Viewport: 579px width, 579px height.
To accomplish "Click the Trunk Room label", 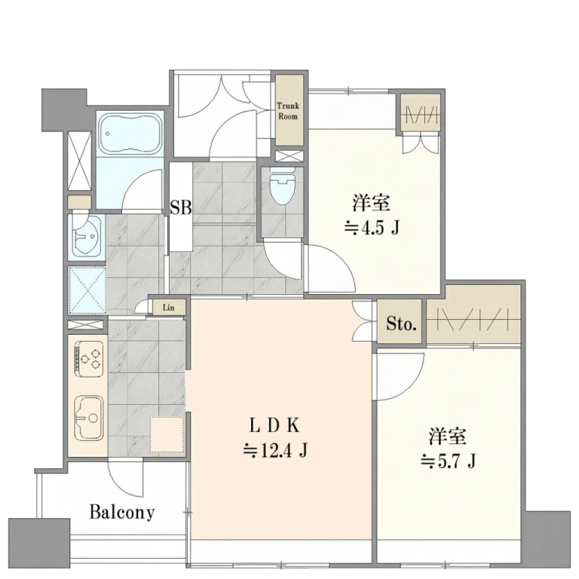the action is pos(288,111).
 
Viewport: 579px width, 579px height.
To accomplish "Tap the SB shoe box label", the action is pos(181,207).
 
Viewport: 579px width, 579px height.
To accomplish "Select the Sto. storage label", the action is pos(401,324).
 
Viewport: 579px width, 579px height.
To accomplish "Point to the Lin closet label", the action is pos(168,308).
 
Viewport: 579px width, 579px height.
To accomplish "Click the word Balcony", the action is pos(122,512).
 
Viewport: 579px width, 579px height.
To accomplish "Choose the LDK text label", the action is pos(274,426).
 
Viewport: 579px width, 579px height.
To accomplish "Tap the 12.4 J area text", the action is pos(274,451).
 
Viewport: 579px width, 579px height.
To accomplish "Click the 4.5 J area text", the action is pos(372,228).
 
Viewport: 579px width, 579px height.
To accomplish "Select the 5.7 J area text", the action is pos(448,461).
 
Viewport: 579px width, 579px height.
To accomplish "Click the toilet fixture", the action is pos(283,186).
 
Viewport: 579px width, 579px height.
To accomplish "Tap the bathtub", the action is pos(130,133).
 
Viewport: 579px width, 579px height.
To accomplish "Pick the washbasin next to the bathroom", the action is pos(87,235).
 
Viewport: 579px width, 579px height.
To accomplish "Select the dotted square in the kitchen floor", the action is pos(167,434).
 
